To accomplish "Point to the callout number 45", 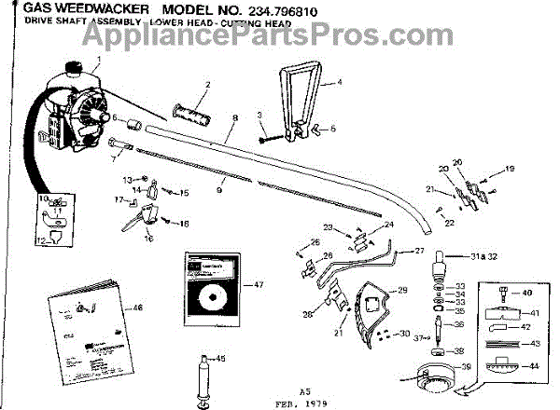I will (x=220, y=360).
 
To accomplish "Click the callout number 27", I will (x=419, y=251).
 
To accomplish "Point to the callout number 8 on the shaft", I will (x=235, y=118).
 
